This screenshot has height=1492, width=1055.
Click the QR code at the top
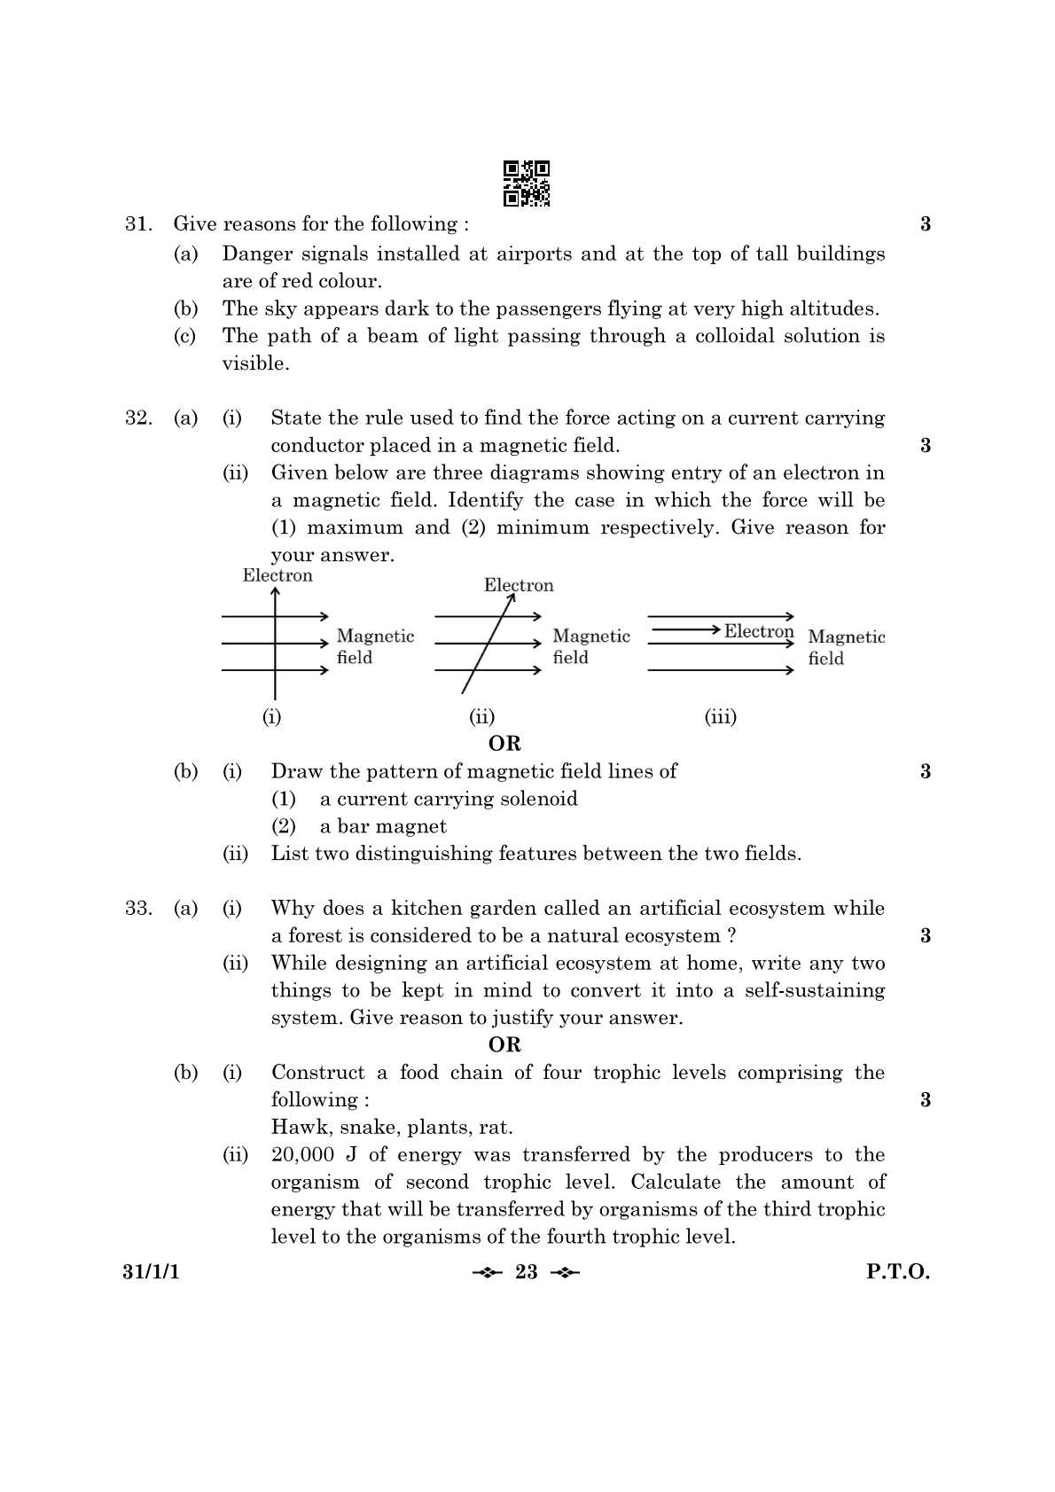click(527, 184)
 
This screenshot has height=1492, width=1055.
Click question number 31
click(137, 224)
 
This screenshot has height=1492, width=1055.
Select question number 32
click(137, 418)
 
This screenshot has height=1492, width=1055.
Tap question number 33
click(137, 908)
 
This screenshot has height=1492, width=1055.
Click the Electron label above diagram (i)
click(277, 575)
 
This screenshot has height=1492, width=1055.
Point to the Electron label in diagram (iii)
click(759, 631)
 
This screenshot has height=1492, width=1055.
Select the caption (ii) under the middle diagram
click(481, 716)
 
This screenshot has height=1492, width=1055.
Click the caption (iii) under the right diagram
click(720, 716)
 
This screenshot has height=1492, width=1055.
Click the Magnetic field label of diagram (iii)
click(846, 647)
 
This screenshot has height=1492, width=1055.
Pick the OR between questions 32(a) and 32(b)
click(504, 743)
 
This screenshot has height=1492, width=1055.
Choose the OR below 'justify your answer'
click(504, 1044)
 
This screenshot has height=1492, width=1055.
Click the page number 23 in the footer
click(527, 1272)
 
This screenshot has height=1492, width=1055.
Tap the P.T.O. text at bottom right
click(897, 1272)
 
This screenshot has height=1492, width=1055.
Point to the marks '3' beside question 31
click(926, 224)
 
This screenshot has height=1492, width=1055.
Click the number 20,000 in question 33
click(302, 1154)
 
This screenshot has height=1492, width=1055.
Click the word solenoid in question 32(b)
click(540, 799)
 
